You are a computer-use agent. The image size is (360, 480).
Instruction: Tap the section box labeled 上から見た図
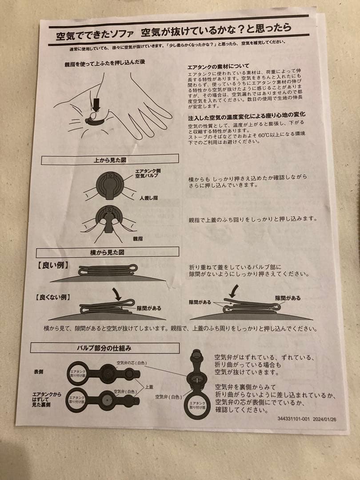coord(110,159)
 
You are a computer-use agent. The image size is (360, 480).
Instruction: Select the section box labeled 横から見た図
coord(110,252)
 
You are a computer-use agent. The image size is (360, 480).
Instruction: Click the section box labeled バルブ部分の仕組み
coord(105,348)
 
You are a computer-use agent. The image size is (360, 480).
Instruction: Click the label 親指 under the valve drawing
coord(138,238)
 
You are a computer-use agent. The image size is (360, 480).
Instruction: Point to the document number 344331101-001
coord(294,418)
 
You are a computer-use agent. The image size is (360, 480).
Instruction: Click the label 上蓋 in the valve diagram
coord(149,387)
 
